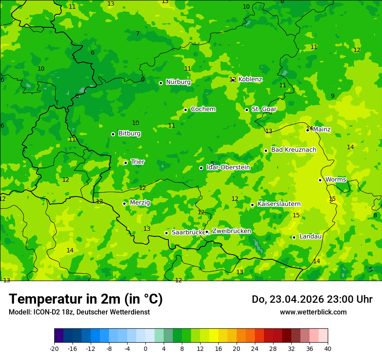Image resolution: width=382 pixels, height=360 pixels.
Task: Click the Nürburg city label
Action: tap(178, 82)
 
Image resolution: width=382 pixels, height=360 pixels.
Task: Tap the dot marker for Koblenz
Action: tap(233, 80)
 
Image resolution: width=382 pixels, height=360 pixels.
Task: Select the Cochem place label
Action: tap(203, 109)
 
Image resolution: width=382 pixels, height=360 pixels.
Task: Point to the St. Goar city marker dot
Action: tap(247, 110)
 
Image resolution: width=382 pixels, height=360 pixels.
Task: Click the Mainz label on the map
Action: tap(322, 129)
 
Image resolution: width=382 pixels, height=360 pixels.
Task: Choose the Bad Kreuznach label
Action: tap(293, 150)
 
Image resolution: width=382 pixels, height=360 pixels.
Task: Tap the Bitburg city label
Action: tap(129, 134)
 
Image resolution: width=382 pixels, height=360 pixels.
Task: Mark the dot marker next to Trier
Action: tap(125, 163)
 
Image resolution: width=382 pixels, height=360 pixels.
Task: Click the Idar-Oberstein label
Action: tap(228, 167)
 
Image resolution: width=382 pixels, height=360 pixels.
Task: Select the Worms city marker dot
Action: tap(320, 180)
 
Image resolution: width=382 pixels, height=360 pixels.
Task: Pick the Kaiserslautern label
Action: tap(279, 204)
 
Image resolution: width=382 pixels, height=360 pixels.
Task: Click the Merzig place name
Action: tap(140, 203)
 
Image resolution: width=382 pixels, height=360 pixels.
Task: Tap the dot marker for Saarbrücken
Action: tap(166, 233)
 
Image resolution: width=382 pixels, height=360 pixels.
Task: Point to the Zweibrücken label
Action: tap(231, 231)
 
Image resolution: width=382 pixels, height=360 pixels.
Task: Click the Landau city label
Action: tap(310, 237)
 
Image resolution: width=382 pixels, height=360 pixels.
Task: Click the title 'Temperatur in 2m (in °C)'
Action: tap(86, 299)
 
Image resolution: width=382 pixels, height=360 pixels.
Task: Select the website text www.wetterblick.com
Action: tap(313, 312)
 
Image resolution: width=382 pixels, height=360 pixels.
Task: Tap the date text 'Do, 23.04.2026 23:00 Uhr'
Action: tap(312, 299)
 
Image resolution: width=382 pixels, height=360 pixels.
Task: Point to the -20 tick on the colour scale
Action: tap(54, 349)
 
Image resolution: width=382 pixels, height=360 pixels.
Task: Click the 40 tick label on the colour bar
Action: tap(328, 349)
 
